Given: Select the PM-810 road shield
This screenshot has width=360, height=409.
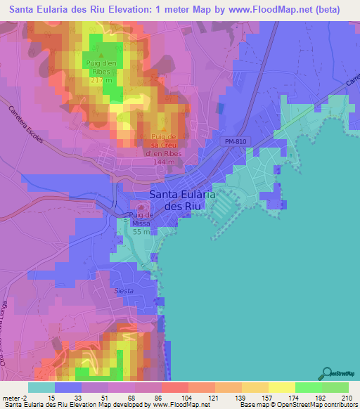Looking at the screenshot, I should tap(236, 142).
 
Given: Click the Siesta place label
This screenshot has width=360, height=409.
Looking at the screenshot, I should tap(124, 290).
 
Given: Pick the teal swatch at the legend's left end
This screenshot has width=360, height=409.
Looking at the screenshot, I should tap(41, 387).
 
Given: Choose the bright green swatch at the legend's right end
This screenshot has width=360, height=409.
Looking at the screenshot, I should tap(335, 387).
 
